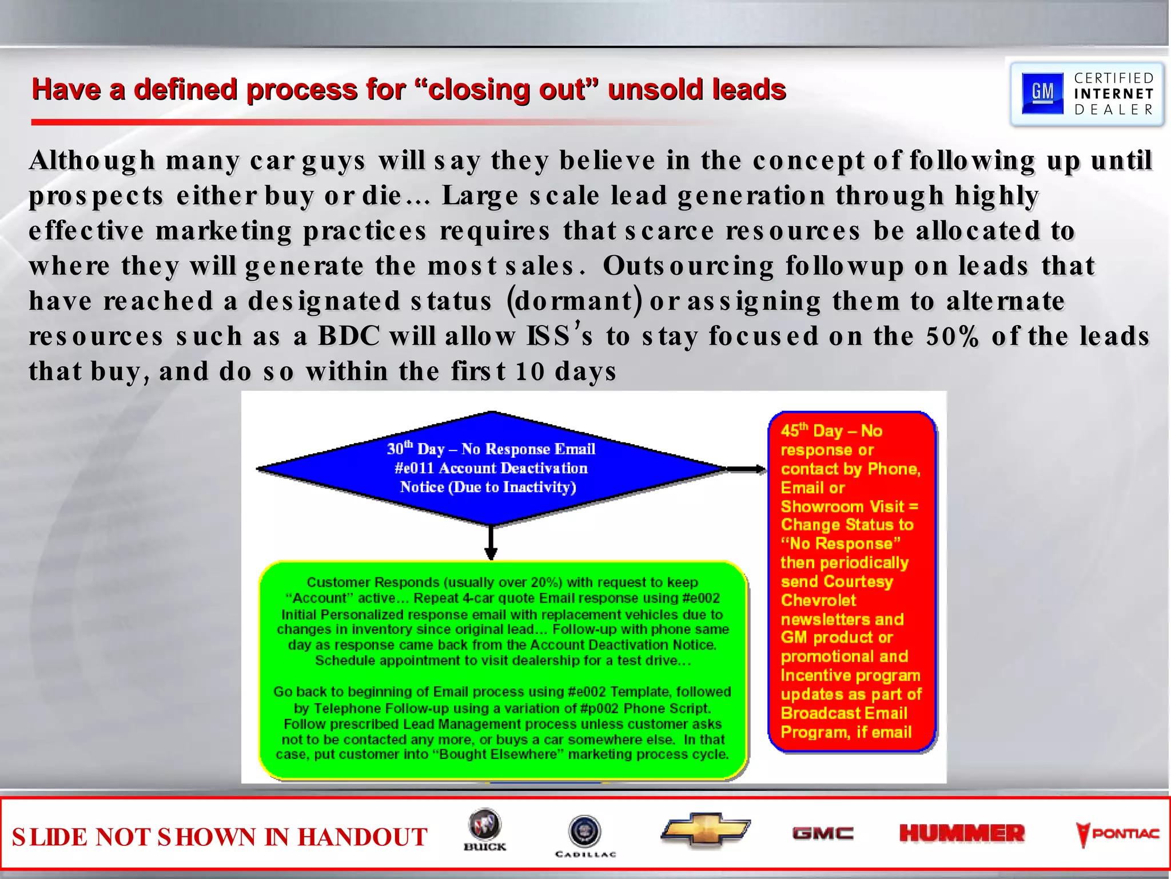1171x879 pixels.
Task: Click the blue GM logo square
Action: click(1042, 93)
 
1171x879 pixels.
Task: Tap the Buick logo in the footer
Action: click(485, 830)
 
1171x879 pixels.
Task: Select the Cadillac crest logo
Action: click(585, 832)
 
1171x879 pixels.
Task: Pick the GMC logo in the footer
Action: click(823, 833)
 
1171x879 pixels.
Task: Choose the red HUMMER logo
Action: click(962, 833)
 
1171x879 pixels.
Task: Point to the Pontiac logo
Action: click(1118, 834)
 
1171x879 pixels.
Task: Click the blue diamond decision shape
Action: click(491, 468)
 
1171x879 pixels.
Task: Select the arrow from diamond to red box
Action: click(746, 469)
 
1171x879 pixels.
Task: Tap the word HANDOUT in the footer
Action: click(363, 837)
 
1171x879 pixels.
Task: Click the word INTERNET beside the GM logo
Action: click(1113, 94)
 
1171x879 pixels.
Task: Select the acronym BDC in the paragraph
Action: click(348, 336)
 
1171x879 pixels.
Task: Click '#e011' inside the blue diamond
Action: click(413, 468)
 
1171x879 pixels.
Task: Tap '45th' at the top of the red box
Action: click(795, 430)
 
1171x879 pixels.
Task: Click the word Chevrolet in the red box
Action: click(818, 600)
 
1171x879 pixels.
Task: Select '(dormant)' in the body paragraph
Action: click(574, 301)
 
